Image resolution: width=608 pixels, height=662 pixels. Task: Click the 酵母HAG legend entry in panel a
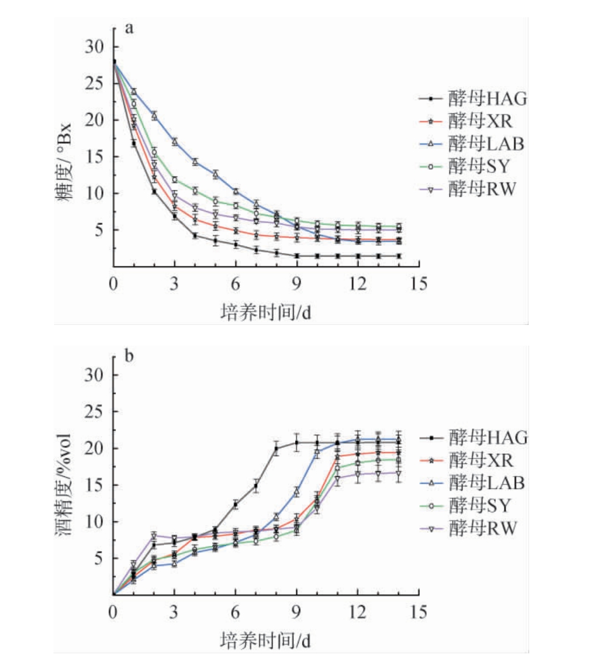pos(472,100)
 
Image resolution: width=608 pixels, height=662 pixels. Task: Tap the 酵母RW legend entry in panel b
pos(472,527)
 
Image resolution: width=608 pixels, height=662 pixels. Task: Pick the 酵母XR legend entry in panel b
pos(472,460)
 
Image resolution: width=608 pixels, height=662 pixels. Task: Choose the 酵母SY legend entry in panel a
pos(472,167)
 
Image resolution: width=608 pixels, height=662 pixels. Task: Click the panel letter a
pos(129,28)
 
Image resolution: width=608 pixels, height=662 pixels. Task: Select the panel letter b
pos(129,356)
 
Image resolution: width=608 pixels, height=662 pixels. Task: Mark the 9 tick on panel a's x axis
pos(297,284)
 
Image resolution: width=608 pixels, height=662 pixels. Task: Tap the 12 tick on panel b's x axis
pos(358,612)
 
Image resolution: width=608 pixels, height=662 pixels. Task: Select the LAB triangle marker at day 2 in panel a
pos(154,116)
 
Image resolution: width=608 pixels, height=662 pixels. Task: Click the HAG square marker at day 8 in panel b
pos(276,449)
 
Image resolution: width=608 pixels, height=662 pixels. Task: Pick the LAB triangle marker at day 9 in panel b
pos(297,492)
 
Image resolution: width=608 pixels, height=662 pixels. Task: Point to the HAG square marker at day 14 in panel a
pos(399,256)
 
